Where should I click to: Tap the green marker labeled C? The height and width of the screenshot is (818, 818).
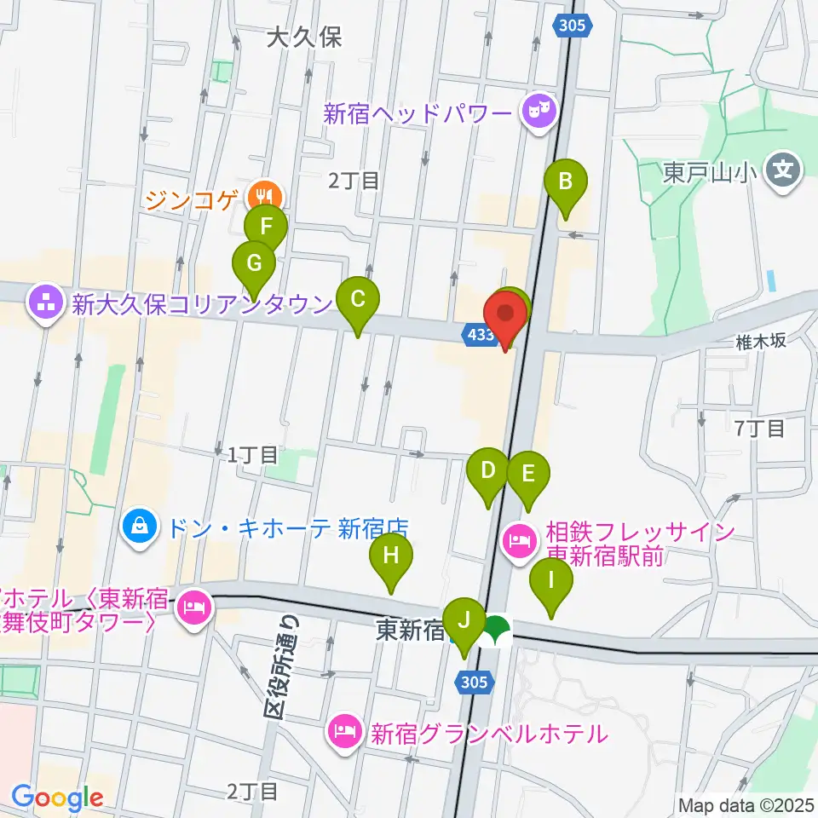point(358,300)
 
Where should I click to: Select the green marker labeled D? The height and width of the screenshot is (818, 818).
point(488,470)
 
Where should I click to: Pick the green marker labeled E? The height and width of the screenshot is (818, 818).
point(528,473)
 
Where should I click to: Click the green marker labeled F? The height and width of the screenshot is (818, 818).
point(266,228)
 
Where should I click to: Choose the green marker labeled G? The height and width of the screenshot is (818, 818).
point(254,263)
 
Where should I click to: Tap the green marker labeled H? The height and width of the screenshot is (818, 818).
point(391,556)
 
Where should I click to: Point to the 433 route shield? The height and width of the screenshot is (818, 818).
point(481,335)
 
